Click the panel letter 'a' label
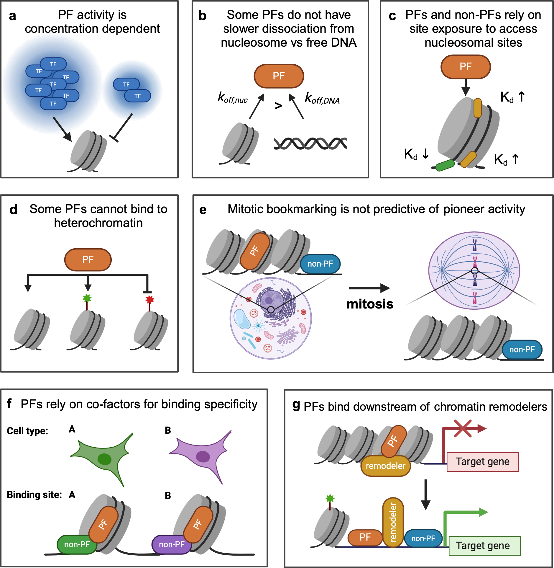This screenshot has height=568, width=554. tap(12, 16)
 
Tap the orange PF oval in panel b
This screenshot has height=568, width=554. tap(279, 76)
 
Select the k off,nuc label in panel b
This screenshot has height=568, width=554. tap(233, 97)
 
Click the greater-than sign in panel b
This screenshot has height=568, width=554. tap(278, 106)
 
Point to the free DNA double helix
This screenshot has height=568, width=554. tap(310, 143)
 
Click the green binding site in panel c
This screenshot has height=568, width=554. tap(445, 165)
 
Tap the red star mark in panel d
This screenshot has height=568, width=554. tap(150, 300)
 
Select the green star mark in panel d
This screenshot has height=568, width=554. tap(87, 298)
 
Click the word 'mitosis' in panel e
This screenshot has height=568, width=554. tap(370, 304)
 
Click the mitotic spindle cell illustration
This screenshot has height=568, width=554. tap(474, 270)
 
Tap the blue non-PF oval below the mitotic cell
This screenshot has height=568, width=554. tap(522, 350)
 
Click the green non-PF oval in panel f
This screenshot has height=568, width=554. tap(77, 544)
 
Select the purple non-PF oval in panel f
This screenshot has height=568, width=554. tap(172, 544)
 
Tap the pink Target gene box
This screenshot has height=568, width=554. tap(482, 462)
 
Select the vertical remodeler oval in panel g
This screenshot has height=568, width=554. tap(393, 522)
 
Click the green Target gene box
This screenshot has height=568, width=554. tap(484, 546)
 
